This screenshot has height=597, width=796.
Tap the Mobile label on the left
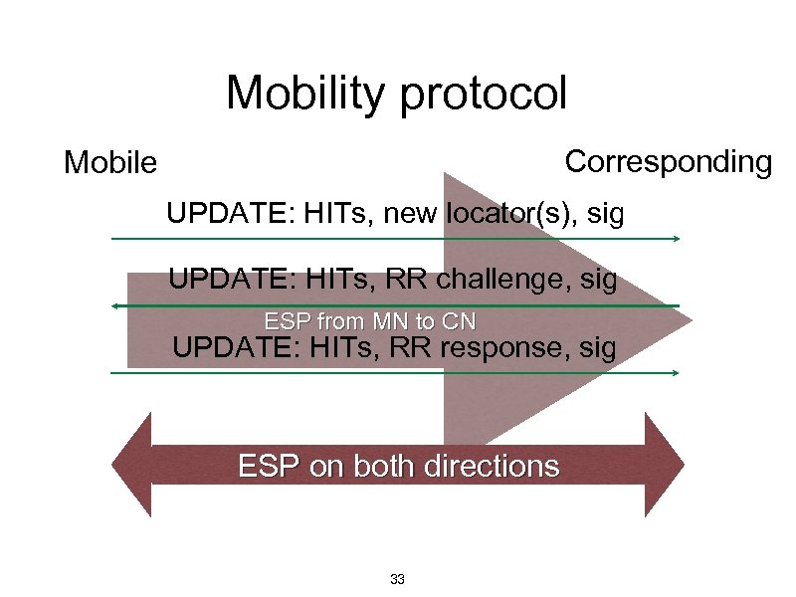click(x=109, y=162)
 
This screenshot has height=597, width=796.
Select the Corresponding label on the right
click(x=668, y=162)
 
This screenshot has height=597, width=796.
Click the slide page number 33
click(x=397, y=579)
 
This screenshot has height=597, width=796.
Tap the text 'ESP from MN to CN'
click(x=370, y=321)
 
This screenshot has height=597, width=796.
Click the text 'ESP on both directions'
click(x=398, y=466)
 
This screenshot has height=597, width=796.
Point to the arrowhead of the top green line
click(x=676, y=239)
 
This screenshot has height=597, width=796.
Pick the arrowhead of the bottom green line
click(x=676, y=372)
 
